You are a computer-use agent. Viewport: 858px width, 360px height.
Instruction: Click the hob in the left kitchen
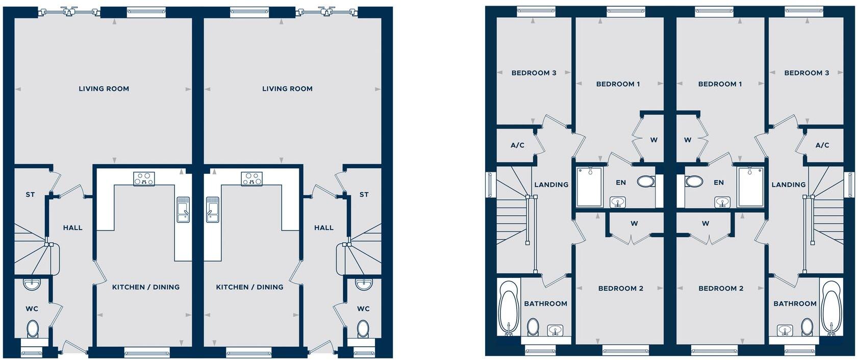point(144,178)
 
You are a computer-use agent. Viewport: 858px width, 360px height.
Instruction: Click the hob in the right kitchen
point(251,178)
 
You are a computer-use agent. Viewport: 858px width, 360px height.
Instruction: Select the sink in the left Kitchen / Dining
point(183,210)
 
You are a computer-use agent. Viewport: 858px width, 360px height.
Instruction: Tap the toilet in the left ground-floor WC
point(33,329)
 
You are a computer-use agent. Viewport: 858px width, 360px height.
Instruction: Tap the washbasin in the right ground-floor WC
point(364,284)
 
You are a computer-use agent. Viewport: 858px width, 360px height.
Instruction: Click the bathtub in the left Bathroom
point(509,308)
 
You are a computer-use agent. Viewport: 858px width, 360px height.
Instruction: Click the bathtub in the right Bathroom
point(831,308)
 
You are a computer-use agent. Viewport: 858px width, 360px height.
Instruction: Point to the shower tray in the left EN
point(589,187)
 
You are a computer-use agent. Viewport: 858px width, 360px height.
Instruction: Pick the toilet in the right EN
point(694,181)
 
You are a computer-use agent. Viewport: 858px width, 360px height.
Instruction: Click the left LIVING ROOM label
point(104,89)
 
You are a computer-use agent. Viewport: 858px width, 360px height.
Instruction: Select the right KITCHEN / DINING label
point(249,287)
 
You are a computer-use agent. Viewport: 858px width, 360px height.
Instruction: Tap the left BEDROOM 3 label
point(534,73)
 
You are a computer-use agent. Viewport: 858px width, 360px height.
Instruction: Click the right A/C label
point(822,145)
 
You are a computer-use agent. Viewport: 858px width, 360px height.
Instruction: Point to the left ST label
point(30,195)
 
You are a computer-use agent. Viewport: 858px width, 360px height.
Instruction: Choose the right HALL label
point(323,228)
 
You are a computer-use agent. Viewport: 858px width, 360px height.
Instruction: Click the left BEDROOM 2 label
point(620,289)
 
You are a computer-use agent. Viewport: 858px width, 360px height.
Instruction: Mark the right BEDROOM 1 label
point(720,84)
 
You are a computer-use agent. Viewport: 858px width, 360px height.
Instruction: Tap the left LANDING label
point(551,185)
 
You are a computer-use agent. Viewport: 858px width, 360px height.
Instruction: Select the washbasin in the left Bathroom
point(555,330)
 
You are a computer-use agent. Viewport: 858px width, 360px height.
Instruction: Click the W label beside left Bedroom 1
point(653,140)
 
